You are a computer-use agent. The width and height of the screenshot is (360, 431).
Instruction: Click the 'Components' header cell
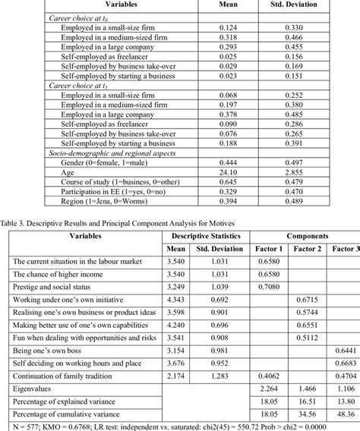(299, 235)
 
